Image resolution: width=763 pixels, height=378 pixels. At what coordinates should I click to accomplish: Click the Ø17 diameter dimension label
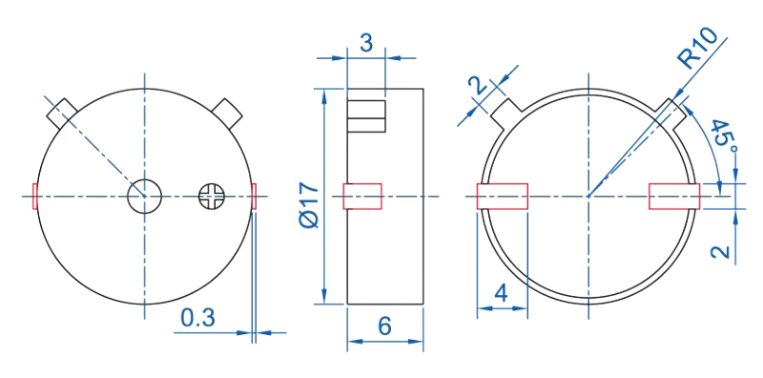click(x=309, y=206)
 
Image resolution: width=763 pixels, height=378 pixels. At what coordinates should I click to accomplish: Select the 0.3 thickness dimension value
click(x=197, y=318)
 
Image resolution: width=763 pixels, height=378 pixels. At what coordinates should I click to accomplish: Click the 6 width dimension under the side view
click(x=384, y=326)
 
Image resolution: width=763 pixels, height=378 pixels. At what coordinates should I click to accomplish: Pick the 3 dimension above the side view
click(x=366, y=43)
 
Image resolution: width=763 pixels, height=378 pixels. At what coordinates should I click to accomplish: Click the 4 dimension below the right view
click(x=502, y=294)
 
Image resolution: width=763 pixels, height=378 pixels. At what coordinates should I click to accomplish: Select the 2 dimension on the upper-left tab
click(x=479, y=85)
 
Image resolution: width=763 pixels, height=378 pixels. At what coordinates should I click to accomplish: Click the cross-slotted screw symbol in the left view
click(x=212, y=197)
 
